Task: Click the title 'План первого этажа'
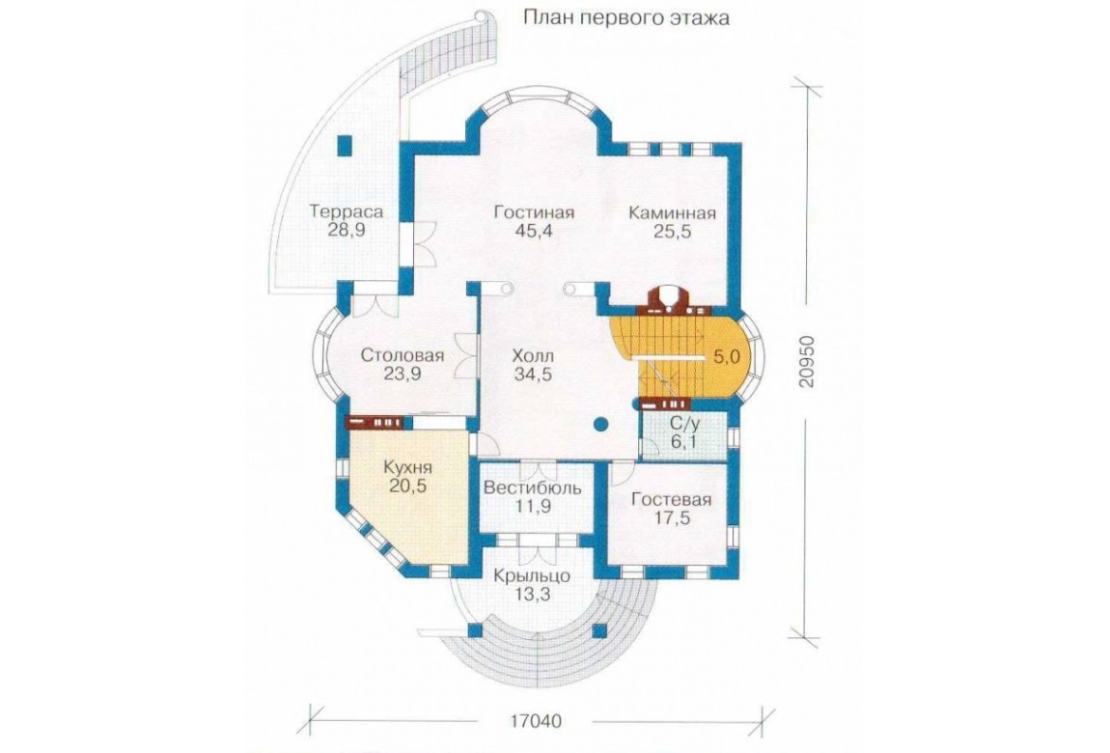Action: click(626, 17)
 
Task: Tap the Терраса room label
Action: click(347, 210)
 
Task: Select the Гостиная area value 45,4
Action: click(534, 232)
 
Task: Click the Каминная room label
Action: click(673, 212)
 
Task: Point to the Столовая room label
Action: click(402, 354)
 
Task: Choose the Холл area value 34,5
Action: click(534, 375)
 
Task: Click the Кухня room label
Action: click(407, 467)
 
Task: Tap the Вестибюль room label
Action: click(533, 488)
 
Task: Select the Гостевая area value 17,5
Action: click(671, 518)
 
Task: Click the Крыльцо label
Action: click(533, 575)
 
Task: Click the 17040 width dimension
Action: click(535, 721)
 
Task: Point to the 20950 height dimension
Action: click(808, 362)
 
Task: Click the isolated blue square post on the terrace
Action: click(345, 145)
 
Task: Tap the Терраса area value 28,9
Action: click(347, 230)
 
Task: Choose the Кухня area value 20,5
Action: click(407, 486)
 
